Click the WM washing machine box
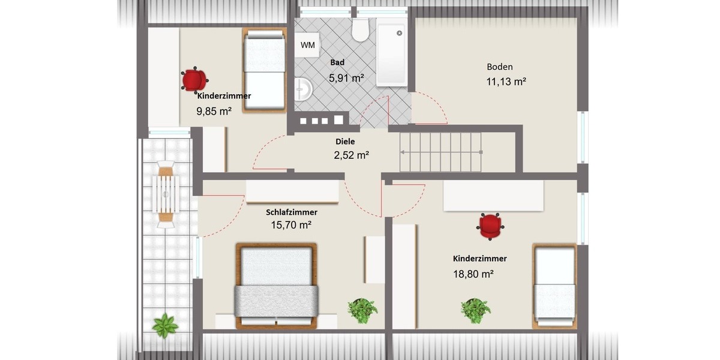pyautogui.click(x=307, y=45)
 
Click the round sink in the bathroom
pyautogui.click(x=303, y=90)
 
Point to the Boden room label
pyautogui.click(x=499, y=67)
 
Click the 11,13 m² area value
pyautogui.click(x=506, y=82)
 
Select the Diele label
pyautogui.click(x=345, y=142)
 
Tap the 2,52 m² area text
pyautogui.click(x=351, y=155)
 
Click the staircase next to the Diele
pyautogui.click(x=442, y=152)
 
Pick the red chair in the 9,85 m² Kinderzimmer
pyautogui.click(x=194, y=80)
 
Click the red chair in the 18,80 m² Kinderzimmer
pyautogui.click(x=491, y=226)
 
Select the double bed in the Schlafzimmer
pyautogui.click(x=276, y=286)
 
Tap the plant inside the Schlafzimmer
pyautogui.click(x=362, y=310)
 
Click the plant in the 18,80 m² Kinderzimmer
pyautogui.click(x=475, y=310)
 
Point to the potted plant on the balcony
pyautogui.click(x=164, y=326)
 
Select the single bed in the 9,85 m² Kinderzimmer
pyautogui.click(x=264, y=70)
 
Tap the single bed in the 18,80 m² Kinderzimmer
pyautogui.click(x=555, y=286)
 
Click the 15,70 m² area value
pyautogui.click(x=291, y=226)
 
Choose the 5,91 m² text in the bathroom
pyautogui.click(x=346, y=77)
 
